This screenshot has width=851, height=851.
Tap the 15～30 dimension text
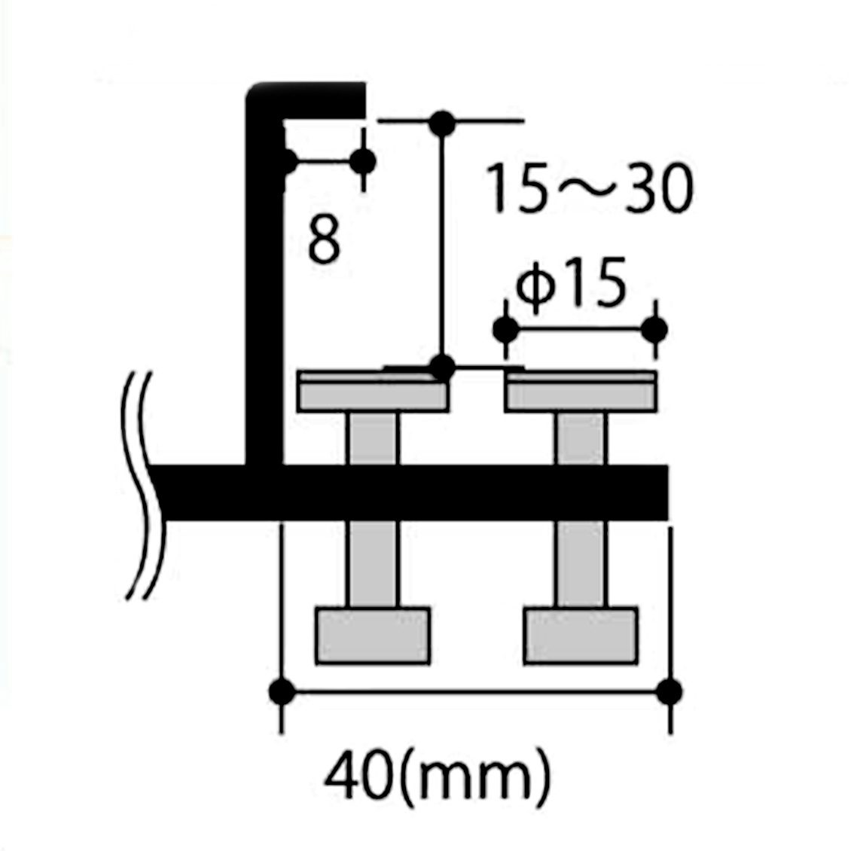point(590,188)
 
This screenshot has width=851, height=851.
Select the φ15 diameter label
point(570,283)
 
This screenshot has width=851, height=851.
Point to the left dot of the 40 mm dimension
point(282,692)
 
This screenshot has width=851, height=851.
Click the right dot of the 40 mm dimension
point(670,692)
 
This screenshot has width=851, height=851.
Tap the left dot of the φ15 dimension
point(506,329)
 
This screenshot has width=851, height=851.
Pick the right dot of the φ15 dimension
point(654,329)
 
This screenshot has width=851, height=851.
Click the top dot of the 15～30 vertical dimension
point(442,124)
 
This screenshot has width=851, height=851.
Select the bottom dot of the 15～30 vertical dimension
point(442,368)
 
